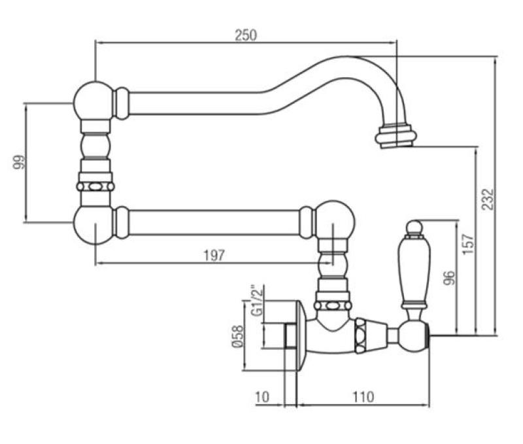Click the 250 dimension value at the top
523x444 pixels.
click(x=246, y=35)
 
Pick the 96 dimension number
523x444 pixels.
click(x=447, y=277)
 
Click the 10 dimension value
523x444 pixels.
click(x=262, y=396)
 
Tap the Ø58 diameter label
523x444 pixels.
click(x=240, y=337)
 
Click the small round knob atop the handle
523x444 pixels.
click(x=413, y=227)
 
